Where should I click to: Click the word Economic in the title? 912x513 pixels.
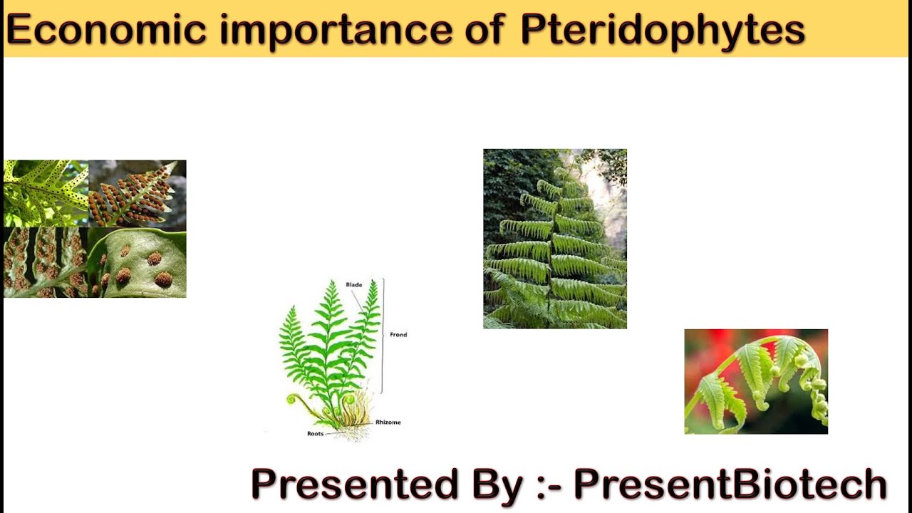click(x=105, y=30)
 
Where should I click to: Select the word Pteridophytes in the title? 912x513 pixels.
click(x=663, y=30)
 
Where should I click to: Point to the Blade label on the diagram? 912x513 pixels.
click(x=353, y=285)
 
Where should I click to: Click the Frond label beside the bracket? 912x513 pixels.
click(x=398, y=334)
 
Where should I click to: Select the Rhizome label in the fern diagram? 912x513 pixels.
click(x=388, y=423)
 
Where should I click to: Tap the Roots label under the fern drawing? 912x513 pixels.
click(x=315, y=433)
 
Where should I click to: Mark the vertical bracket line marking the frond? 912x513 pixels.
click(x=383, y=335)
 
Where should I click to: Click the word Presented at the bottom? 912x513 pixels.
click(x=353, y=484)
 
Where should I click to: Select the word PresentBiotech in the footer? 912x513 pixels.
click(x=730, y=484)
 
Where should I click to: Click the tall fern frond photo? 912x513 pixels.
click(x=555, y=239)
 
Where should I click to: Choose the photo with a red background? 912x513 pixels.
click(x=756, y=381)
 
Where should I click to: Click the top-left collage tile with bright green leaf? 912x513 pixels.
click(x=46, y=193)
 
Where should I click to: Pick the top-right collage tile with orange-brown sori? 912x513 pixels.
click(x=137, y=193)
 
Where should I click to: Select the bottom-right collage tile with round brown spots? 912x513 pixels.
click(x=137, y=262)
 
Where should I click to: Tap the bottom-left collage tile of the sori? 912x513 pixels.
click(x=46, y=262)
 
